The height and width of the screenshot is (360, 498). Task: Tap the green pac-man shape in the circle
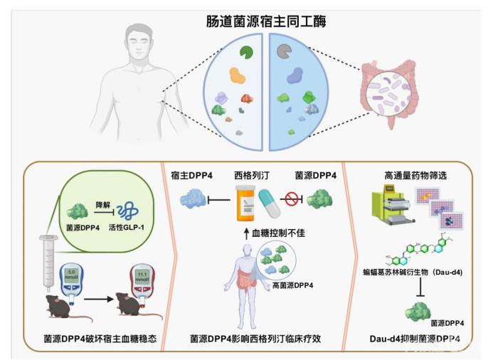[x=246, y=52]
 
